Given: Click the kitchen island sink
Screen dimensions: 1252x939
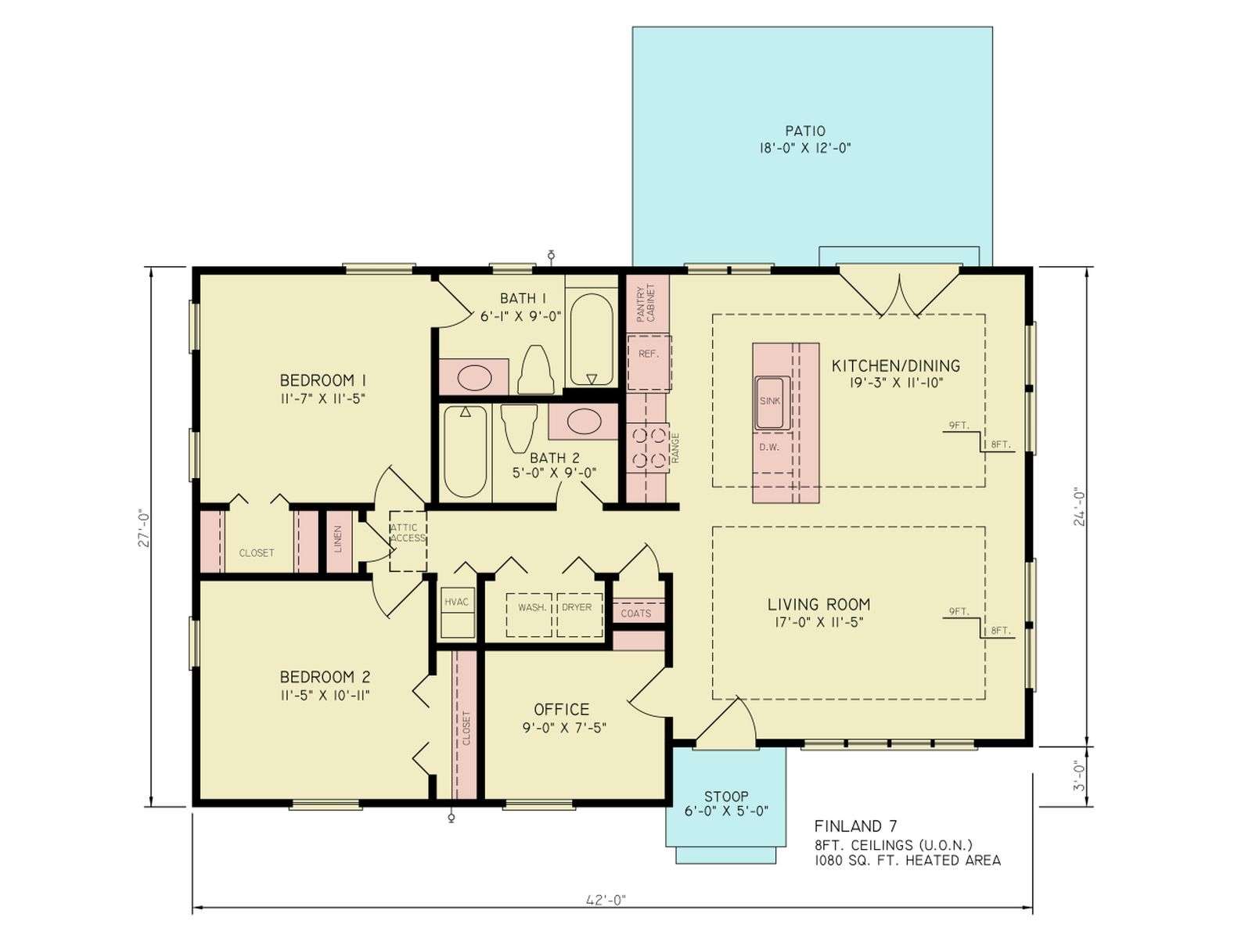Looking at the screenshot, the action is click(x=772, y=402).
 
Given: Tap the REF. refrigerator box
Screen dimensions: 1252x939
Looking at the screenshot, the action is click(x=649, y=362).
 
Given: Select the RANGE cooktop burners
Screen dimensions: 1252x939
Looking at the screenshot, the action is click(x=648, y=448).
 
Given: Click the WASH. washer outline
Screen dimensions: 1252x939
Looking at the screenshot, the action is click(x=528, y=614).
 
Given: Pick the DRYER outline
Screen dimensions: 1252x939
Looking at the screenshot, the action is click(x=580, y=614).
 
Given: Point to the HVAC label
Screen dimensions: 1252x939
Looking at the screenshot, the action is click(x=456, y=602).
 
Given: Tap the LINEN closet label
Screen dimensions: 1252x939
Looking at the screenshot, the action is click(x=338, y=539).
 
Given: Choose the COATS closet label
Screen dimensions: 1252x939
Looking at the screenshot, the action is click(x=636, y=613).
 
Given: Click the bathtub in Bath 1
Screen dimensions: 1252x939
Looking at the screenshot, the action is click(x=592, y=340).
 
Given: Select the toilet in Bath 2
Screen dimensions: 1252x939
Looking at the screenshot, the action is click(x=519, y=428).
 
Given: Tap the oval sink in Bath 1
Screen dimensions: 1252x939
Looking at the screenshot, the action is click(x=474, y=377).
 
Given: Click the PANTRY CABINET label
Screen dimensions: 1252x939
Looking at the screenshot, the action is click(x=646, y=303).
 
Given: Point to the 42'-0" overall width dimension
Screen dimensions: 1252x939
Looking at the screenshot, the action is click(x=606, y=900).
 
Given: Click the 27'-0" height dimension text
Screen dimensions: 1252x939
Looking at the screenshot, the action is click(x=144, y=530).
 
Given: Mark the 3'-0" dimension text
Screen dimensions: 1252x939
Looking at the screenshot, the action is click(x=1078, y=776).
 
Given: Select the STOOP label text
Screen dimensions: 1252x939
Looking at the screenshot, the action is click(x=726, y=797).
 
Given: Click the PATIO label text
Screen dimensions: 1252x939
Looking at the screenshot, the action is click(x=805, y=131).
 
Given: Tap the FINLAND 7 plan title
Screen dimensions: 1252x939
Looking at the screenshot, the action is click(x=855, y=826).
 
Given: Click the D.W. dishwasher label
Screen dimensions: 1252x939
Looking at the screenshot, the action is click(x=769, y=448).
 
